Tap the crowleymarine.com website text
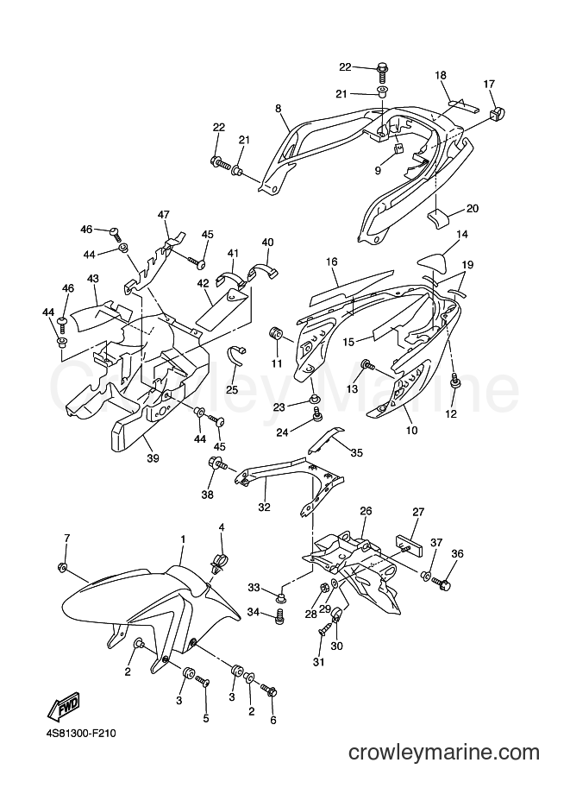[444, 753]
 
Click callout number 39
[153, 457]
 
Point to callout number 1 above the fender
[184, 539]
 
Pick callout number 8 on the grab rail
[278, 109]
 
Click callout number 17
[489, 84]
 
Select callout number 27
[418, 512]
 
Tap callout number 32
[264, 507]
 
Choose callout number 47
[164, 215]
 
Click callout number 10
[411, 430]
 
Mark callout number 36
[458, 554]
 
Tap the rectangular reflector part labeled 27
[410, 545]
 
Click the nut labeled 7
[63, 567]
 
